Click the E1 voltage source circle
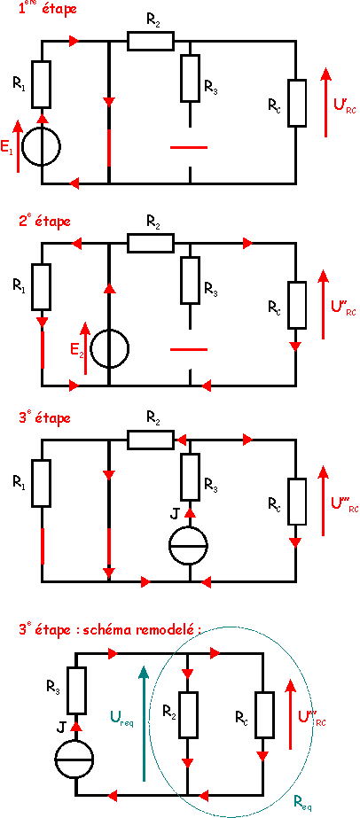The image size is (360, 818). tap(43, 145)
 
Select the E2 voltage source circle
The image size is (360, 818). tap(109, 348)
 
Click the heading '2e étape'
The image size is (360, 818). tap(44, 221)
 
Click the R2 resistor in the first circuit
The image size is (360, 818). tap(150, 41)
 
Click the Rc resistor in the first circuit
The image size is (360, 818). tap(296, 103)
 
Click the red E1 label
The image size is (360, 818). tap(8, 150)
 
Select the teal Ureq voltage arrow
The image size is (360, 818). tap(143, 722)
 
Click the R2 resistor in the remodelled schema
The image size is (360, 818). tap(188, 715)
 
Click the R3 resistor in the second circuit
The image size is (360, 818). tap(191, 280)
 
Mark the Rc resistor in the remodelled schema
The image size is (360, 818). tap(263, 715)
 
